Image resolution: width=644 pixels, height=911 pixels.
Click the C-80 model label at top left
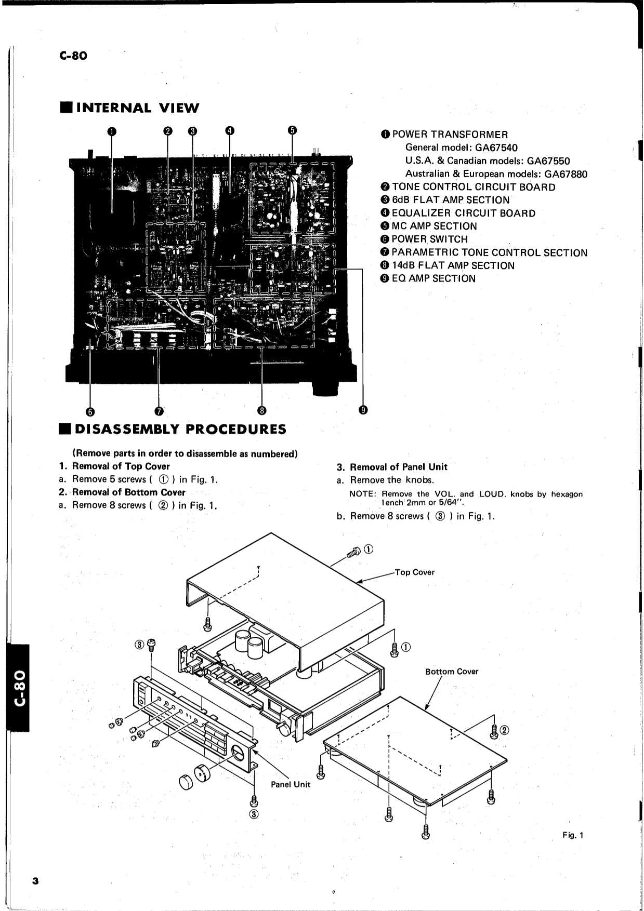click(x=73, y=56)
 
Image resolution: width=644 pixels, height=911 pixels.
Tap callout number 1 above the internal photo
click(x=112, y=131)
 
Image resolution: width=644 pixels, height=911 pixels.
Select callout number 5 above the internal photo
click(x=292, y=130)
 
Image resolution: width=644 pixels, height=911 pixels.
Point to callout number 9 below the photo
click(x=363, y=410)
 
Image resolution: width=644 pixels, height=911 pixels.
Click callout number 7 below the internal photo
click(x=159, y=411)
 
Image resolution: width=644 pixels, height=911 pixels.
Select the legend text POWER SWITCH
click(x=429, y=239)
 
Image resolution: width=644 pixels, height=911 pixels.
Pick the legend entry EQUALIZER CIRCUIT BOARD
click(x=463, y=213)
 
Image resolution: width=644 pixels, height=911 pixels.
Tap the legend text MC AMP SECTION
click(x=434, y=226)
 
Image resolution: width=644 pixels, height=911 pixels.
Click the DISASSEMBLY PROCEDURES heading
click(x=180, y=430)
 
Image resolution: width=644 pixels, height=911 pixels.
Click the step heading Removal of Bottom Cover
click(x=128, y=492)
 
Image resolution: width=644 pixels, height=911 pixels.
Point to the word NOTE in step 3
click(x=362, y=494)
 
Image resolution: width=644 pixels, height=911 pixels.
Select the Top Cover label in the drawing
click(x=414, y=572)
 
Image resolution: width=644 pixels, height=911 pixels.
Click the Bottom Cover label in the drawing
click(x=451, y=672)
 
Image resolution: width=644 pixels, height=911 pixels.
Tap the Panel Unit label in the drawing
click(x=290, y=784)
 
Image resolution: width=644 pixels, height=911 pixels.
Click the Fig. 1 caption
click(x=573, y=835)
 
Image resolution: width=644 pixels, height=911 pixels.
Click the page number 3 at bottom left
click(x=35, y=881)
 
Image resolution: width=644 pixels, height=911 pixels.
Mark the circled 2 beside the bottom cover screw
click(x=504, y=731)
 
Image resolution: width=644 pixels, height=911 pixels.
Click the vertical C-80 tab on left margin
click(x=19, y=688)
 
